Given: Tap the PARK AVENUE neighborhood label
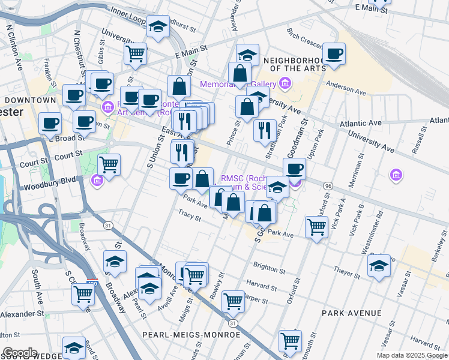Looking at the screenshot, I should click(351, 313).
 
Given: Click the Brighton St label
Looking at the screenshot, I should click(270, 266).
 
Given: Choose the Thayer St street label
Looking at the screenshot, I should click(348, 272).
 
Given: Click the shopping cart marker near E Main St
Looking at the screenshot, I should click(136, 53).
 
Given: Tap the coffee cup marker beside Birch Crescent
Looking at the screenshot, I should click(334, 53).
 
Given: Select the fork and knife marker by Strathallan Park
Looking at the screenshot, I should click(265, 130).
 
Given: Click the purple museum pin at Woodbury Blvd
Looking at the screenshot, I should click(97, 180).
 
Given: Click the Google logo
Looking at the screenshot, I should click(20, 353).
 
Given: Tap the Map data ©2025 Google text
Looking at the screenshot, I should click(412, 355).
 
